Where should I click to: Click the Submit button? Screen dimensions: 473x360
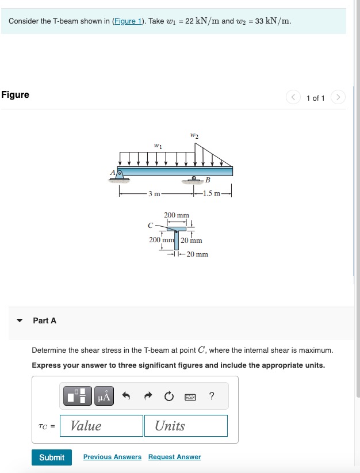pyautogui.click(x=52, y=457)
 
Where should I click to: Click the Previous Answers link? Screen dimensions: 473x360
pyautogui.click(x=112, y=457)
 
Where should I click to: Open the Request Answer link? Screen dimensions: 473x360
pyautogui.click(x=174, y=457)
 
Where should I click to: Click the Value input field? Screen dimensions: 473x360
pyautogui.click(x=101, y=426)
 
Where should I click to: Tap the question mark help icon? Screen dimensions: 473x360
pyautogui.click(x=212, y=396)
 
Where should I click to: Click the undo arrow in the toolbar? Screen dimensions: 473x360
pyautogui.click(x=127, y=396)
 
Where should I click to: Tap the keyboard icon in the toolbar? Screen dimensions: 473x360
pyautogui.click(x=190, y=396)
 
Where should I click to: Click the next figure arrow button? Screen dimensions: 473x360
pyautogui.click(x=338, y=98)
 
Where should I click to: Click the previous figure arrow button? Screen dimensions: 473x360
pyautogui.click(x=293, y=98)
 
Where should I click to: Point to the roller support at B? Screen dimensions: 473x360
pyautogui.click(x=195, y=179)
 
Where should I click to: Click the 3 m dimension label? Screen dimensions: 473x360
pyautogui.click(x=154, y=193)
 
